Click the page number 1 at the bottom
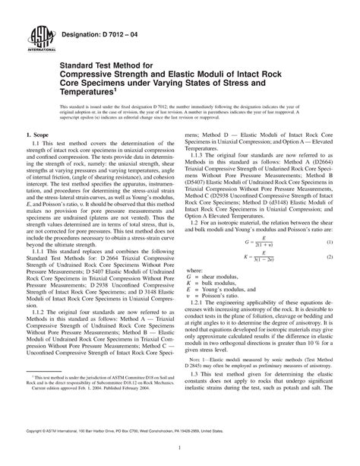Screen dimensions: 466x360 coord(180,448)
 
